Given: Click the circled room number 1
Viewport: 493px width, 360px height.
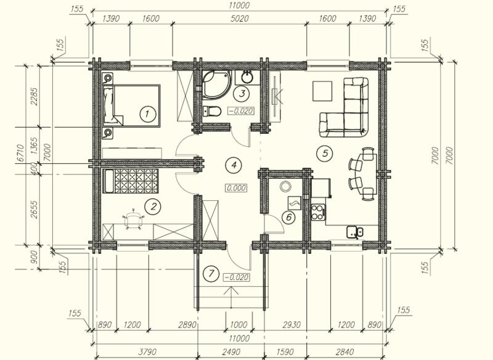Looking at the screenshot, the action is (148, 114).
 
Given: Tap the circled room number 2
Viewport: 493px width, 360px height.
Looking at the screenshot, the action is (152, 207).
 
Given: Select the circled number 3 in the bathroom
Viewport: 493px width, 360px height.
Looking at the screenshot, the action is (242, 93).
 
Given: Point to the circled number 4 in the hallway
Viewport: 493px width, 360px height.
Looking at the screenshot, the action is (234, 165).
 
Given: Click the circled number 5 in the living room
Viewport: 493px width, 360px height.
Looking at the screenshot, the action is (325, 153).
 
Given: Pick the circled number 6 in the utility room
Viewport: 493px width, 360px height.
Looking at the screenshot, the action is (289, 217).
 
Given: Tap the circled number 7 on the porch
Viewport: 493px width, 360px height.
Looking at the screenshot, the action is (211, 274).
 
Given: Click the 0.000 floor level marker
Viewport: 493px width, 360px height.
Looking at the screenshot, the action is (236, 188).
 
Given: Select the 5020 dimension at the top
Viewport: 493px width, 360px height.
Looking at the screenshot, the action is (239, 18).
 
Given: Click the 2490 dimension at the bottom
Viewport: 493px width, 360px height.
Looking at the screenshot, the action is (231, 352).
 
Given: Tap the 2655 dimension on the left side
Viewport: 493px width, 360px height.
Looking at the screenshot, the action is (34, 210).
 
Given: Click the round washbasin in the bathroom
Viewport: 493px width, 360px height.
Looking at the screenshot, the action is (248, 77).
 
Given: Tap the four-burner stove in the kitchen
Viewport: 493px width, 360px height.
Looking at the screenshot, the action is (318, 212).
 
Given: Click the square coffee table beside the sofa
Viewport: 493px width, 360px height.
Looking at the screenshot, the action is (322, 91).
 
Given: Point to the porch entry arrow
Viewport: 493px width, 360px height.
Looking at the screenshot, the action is (231, 297).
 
